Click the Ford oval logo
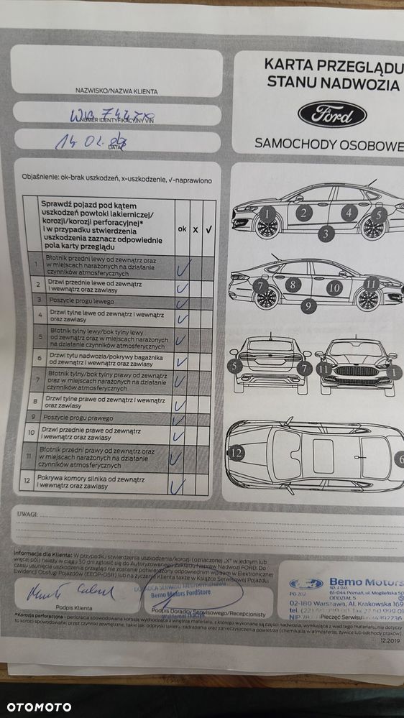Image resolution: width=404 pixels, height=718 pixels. pyautogui.click(x=332, y=114)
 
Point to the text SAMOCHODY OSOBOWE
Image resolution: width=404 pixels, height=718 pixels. pyautogui.click(x=329, y=144)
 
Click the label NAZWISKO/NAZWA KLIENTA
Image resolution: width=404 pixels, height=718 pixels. pyautogui.click(x=116, y=91)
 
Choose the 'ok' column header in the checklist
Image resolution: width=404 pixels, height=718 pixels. pyautogui.click(x=182, y=228)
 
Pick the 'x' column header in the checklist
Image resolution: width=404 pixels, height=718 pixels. pyautogui.click(x=196, y=229)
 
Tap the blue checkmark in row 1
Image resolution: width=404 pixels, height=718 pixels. pyautogui.click(x=183, y=267)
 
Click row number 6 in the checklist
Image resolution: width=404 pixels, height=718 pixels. pyautogui.click(x=39, y=356)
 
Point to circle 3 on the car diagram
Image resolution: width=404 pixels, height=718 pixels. pyautogui.click(x=325, y=233)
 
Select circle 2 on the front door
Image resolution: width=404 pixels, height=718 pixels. pyautogui.click(x=304, y=212)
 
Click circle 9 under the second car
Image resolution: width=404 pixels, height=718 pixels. pyautogui.click(x=308, y=305)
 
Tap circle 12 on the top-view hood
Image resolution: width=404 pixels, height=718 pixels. pyautogui.click(x=237, y=452)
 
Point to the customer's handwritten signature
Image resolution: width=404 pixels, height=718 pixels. pyautogui.click(x=70, y=592)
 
